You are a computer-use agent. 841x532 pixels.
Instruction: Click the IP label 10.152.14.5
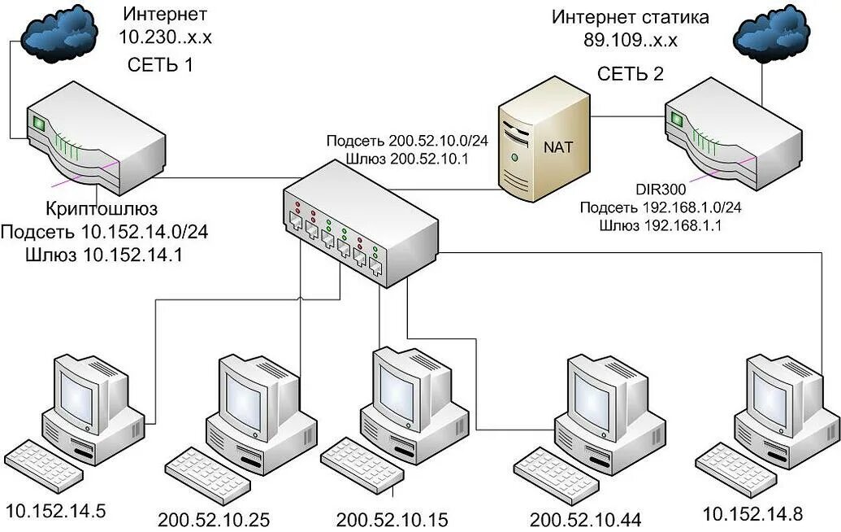pyautogui.click(x=55, y=512)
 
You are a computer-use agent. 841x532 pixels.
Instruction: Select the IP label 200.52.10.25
pyautogui.click(x=214, y=520)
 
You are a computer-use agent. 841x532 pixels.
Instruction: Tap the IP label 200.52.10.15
pyautogui.click(x=392, y=520)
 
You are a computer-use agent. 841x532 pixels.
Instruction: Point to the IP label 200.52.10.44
pyautogui.click(x=585, y=520)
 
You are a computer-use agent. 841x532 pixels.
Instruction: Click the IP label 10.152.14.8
pyautogui.click(x=752, y=513)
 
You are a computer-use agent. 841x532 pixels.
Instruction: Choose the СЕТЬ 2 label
pyautogui.click(x=631, y=74)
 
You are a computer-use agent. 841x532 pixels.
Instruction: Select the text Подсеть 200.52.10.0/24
pyautogui.click(x=407, y=141)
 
